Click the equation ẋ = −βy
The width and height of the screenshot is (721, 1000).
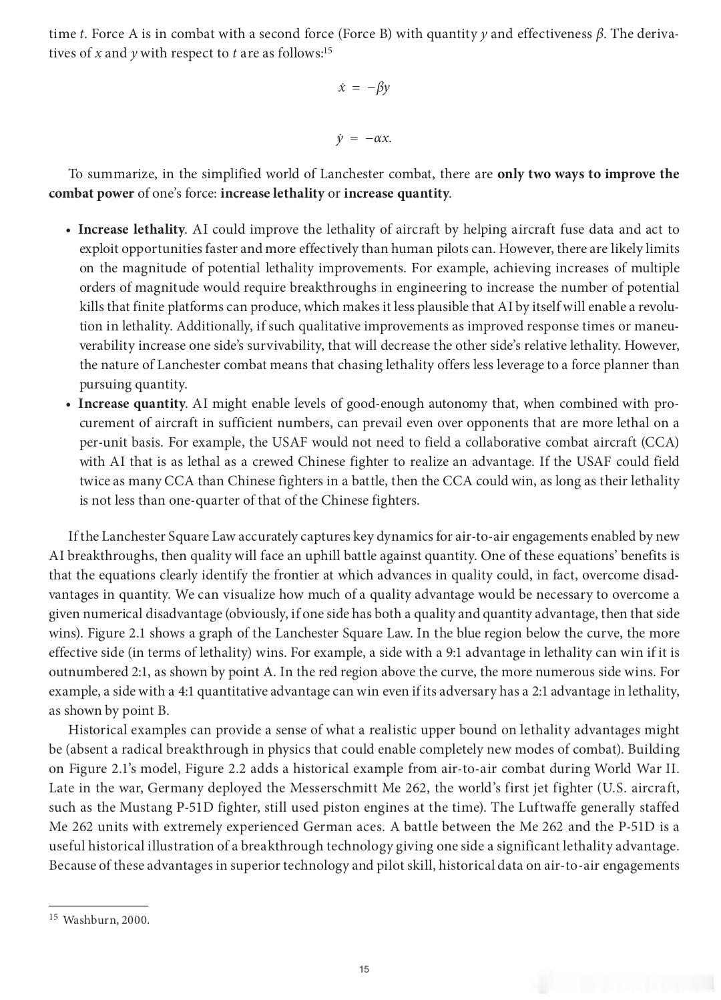tap(364, 87)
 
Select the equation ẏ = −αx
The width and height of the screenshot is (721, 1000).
tap(364, 139)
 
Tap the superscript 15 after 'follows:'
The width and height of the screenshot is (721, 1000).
tap(327, 51)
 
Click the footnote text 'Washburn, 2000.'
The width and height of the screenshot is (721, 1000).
tap(106, 920)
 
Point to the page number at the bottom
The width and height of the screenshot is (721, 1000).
tap(364, 969)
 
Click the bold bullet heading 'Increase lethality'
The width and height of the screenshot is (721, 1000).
tap(132, 230)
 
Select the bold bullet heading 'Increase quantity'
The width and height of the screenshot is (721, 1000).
tap(132, 404)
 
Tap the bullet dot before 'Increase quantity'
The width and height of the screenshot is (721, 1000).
tap(69, 405)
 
